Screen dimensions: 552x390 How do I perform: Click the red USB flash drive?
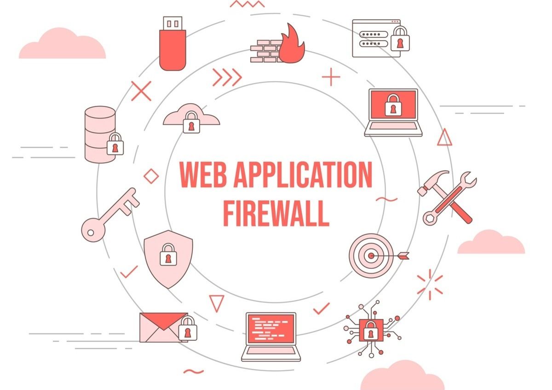pyautogui.click(x=172, y=43)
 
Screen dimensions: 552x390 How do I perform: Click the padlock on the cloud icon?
pyautogui.click(x=191, y=122)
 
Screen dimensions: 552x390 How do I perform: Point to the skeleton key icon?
pyautogui.click(x=110, y=215)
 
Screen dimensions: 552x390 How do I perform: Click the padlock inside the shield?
pyautogui.click(x=168, y=254)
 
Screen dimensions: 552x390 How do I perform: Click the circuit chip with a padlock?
pyautogui.click(x=371, y=330)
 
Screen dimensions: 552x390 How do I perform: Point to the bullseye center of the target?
pyautogui.click(x=371, y=256)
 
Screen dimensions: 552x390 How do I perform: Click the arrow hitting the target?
pyautogui.click(x=391, y=256)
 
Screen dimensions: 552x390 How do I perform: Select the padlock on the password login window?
pyautogui.click(x=400, y=39)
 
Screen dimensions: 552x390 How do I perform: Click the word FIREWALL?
pyautogui.click(x=276, y=214)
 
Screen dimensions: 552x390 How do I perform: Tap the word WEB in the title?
pyautogui.click(x=203, y=175)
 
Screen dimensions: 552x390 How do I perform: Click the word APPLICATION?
pyautogui.click(x=303, y=175)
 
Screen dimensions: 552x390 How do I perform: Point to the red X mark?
pyautogui.click(x=141, y=91)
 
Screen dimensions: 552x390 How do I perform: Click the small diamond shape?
pyautogui.click(x=151, y=176)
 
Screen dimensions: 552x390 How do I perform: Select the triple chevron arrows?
pyautogui.click(x=227, y=77)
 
